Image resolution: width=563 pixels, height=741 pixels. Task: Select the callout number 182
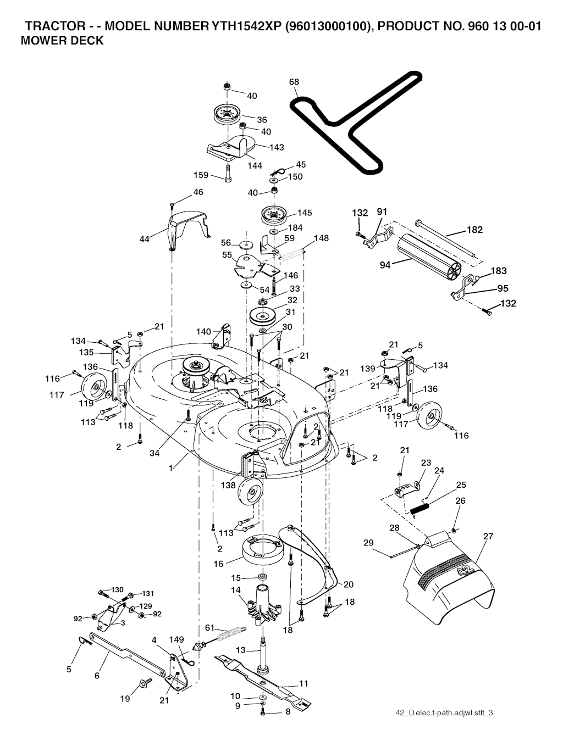[474, 230]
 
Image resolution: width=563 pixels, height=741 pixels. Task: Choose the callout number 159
[202, 175]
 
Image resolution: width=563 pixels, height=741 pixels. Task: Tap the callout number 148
[321, 238]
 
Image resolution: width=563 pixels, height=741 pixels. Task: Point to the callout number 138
[228, 485]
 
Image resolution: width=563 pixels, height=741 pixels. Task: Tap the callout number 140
[203, 331]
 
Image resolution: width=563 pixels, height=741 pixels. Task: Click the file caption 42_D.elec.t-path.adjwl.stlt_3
[444, 713]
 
